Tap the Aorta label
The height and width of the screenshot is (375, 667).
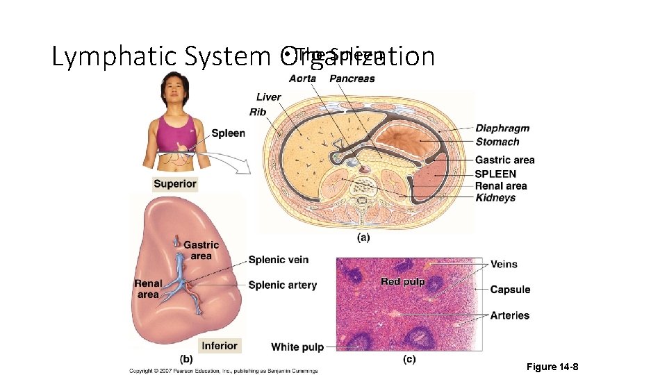pyautogui.click(x=302, y=78)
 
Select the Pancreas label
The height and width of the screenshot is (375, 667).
pyautogui.click(x=352, y=78)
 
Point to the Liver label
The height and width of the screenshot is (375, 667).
pyautogui.click(x=268, y=97)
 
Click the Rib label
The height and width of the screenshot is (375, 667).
pyautogui.click(x=257, y=112)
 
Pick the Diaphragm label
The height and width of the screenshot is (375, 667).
pyautogui.click(x=502, y=128)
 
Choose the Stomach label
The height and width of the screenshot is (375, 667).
pyautogui.click(x=497, y=142)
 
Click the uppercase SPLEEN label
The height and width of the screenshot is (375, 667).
pyautogui.click(x=495, y=174)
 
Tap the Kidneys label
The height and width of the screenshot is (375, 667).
pyautogui.click(x=495, y=198)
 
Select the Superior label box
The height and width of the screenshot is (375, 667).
pyautogui.click(x=175, y=184)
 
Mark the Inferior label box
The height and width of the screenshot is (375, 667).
pyautogui.click(x=220, y=346)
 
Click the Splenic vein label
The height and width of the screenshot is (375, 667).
pyautogui.click(x=279, y=260)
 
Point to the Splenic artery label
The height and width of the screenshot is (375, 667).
pyautogui.click(x=282, y=285)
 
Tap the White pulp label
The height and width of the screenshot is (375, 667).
pyautogui.click(x=297, y=347)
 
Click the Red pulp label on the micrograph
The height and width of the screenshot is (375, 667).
pyautogui.click(x=402, y=281)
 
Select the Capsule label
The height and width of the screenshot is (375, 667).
pyautogui.click(x=510, y=290)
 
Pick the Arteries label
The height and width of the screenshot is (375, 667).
pyautogui.click(x=509, y=315)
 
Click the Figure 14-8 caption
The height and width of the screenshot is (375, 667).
pyautogui.click(x=552, y=367)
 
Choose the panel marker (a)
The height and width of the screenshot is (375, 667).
pyautogui.click(x=363, y=237)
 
